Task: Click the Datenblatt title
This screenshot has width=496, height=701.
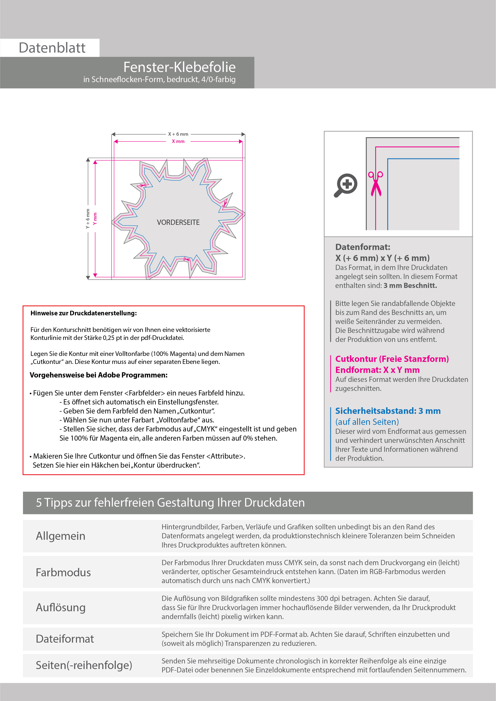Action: coord(52,48)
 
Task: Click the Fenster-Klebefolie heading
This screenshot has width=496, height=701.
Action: coord(179,67)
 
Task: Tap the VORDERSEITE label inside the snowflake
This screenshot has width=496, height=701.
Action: coord(178,222)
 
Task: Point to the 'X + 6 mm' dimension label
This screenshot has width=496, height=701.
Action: coord(178,134)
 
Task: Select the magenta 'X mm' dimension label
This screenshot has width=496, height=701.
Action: coord(178,141)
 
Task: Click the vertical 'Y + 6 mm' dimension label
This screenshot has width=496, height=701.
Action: coord(88,219)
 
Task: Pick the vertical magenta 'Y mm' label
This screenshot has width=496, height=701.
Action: coord(95,219)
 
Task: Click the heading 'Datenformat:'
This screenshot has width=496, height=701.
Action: coord(363,247)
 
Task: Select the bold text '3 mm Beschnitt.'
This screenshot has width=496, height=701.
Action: coord(410,286)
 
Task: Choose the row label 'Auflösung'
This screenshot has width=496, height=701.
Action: coord(61,607)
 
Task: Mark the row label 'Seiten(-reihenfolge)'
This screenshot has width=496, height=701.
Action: coord(84,665)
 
